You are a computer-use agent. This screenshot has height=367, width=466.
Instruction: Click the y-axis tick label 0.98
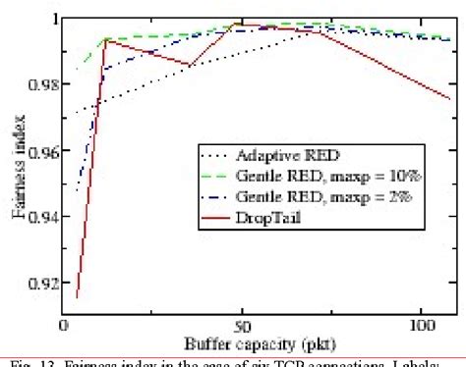pos(40,84)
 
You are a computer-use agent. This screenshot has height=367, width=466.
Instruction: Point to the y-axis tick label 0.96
pos(40,152)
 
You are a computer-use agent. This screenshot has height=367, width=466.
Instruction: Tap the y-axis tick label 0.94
pos(40,219)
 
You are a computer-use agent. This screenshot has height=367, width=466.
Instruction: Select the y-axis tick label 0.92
pos(40,286)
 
